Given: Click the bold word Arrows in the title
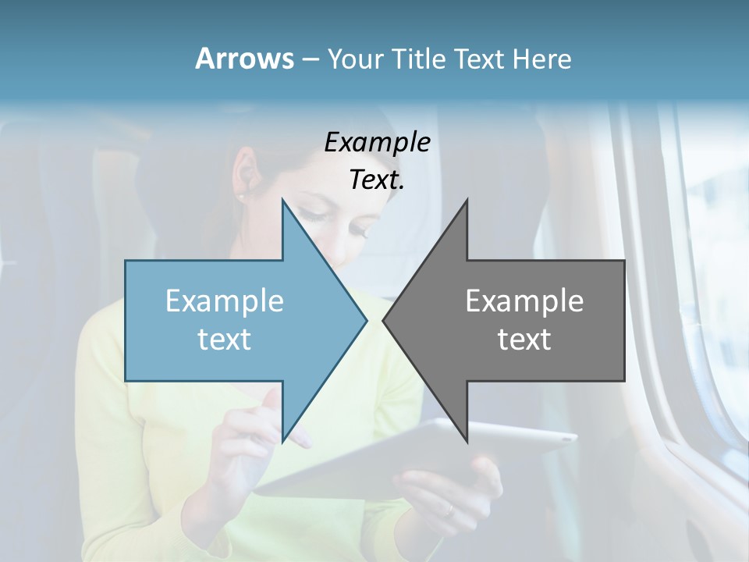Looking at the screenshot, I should coord(244,59).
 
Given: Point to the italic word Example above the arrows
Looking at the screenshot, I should coord(377,143).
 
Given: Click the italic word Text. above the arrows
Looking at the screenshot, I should coord(377,180).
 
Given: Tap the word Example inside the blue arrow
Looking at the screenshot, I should coord(225,301).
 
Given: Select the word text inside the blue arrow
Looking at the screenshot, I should coord(225,340).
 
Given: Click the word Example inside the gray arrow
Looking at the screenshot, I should coord(524,301).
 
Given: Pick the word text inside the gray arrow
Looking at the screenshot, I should coord(524,340).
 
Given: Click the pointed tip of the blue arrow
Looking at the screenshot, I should coord(366,320).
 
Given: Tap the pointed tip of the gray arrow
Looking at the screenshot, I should coord(384,320).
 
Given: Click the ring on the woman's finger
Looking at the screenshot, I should coord(449,511).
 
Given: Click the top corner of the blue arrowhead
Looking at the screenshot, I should coord(282,200).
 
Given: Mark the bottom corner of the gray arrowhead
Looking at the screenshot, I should coord(467,442).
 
